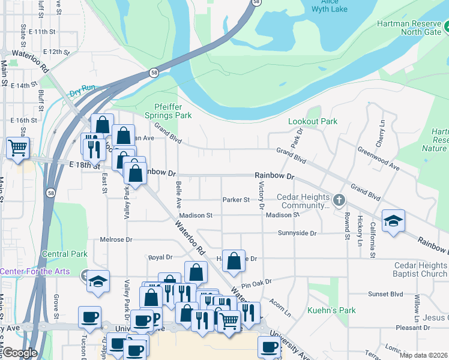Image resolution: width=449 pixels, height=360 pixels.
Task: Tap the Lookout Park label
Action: [312, 121]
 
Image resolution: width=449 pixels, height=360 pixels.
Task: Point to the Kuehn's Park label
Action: [331, 310]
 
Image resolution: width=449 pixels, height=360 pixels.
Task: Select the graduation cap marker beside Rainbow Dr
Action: [393, 221]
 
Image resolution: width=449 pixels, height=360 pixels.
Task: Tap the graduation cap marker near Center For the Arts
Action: [98, 281]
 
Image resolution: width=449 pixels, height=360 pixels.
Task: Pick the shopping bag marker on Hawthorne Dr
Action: [234, 260]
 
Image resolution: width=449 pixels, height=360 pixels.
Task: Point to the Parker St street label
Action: [235, 200]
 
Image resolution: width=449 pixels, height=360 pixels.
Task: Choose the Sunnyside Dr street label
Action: [297, 233]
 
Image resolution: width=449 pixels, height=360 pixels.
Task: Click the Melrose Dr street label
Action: [116, 239]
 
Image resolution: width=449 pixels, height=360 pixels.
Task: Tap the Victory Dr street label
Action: [261, 196]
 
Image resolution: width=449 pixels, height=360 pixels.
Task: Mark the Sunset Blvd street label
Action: [385, 294]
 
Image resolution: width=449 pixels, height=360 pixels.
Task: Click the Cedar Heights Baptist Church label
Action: [420, 269]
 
